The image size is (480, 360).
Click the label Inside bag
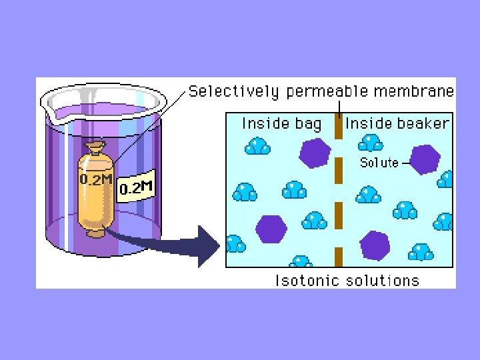click(281, 123)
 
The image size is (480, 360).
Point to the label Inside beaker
click(397, 123)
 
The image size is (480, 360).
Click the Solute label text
click(379, 162)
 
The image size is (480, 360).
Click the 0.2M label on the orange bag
click(96, 179)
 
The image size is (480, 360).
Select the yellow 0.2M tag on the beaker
click(137, 188)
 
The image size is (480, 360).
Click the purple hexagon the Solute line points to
click(425, 160)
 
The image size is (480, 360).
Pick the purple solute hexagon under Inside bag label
click(314, 153)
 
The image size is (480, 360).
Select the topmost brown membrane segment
click(338, 126)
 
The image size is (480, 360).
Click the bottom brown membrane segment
click(338, 257)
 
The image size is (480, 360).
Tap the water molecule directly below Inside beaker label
click(371, 143)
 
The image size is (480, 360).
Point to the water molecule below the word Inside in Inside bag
click(257, 145)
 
